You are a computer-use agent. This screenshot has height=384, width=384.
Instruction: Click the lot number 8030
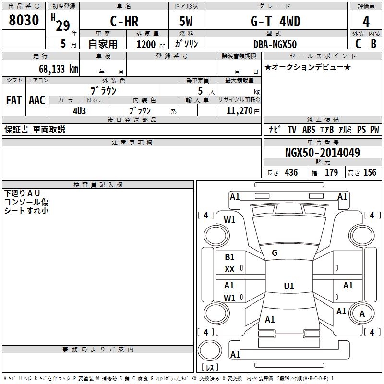point(24,20)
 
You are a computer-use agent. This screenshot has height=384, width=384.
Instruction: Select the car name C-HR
point(124,21)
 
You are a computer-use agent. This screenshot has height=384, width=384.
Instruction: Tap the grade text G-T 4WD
point(275,21)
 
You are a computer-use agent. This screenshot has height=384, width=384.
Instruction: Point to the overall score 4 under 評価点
point(366,22)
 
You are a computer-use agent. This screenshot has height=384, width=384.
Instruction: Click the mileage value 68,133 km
point(59,69)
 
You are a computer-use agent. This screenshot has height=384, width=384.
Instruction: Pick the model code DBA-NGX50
point(275,44)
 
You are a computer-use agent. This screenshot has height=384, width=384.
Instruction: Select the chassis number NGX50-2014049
point(323,153)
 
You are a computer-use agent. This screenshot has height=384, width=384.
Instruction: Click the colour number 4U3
point(79,111)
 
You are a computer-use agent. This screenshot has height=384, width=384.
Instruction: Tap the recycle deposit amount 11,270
point(239,111)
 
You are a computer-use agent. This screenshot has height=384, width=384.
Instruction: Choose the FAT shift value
point(14,100)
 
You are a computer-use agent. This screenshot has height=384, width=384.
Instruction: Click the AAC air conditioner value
point(37,100)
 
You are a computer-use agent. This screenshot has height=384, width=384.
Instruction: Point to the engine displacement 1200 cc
point(151,44)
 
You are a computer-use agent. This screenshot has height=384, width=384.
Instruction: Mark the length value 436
point(291,172)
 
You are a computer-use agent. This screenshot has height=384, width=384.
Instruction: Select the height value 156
point(370,172)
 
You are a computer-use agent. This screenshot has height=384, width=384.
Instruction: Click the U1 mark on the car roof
point(289,286)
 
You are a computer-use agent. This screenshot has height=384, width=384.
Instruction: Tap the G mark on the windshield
point(275,253)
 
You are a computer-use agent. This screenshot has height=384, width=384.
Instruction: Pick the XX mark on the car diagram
point(229,269)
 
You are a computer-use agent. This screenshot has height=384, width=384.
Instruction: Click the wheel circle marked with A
point(362,313)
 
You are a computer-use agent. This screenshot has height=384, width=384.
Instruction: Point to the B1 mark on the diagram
point(229,257)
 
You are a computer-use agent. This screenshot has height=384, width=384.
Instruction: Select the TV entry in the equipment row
point(292,130)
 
